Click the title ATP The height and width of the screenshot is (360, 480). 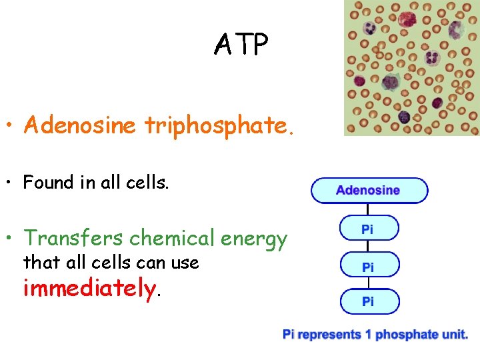241,45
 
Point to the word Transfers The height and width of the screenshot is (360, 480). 73,238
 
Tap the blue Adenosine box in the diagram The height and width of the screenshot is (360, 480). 369,191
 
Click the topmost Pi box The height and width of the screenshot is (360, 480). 369,229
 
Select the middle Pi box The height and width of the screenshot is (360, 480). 369,266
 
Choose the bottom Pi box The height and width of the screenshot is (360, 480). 369,302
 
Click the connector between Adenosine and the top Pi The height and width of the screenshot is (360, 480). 369,209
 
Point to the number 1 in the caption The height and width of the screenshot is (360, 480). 368,335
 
